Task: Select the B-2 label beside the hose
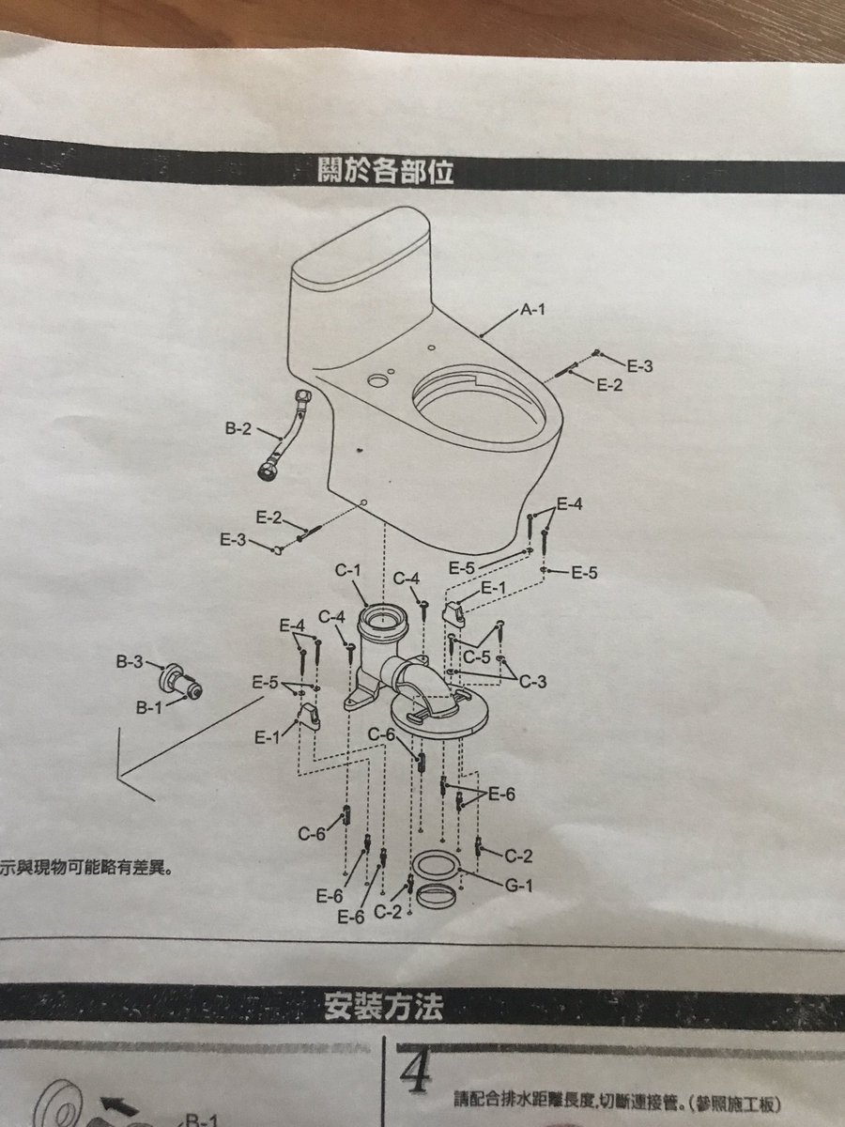click(238, 430)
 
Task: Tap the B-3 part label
click(130, 662)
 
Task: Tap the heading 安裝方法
click(382, 1007)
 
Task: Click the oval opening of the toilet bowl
click(478, 405)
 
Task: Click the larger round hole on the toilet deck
click(377, 382)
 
